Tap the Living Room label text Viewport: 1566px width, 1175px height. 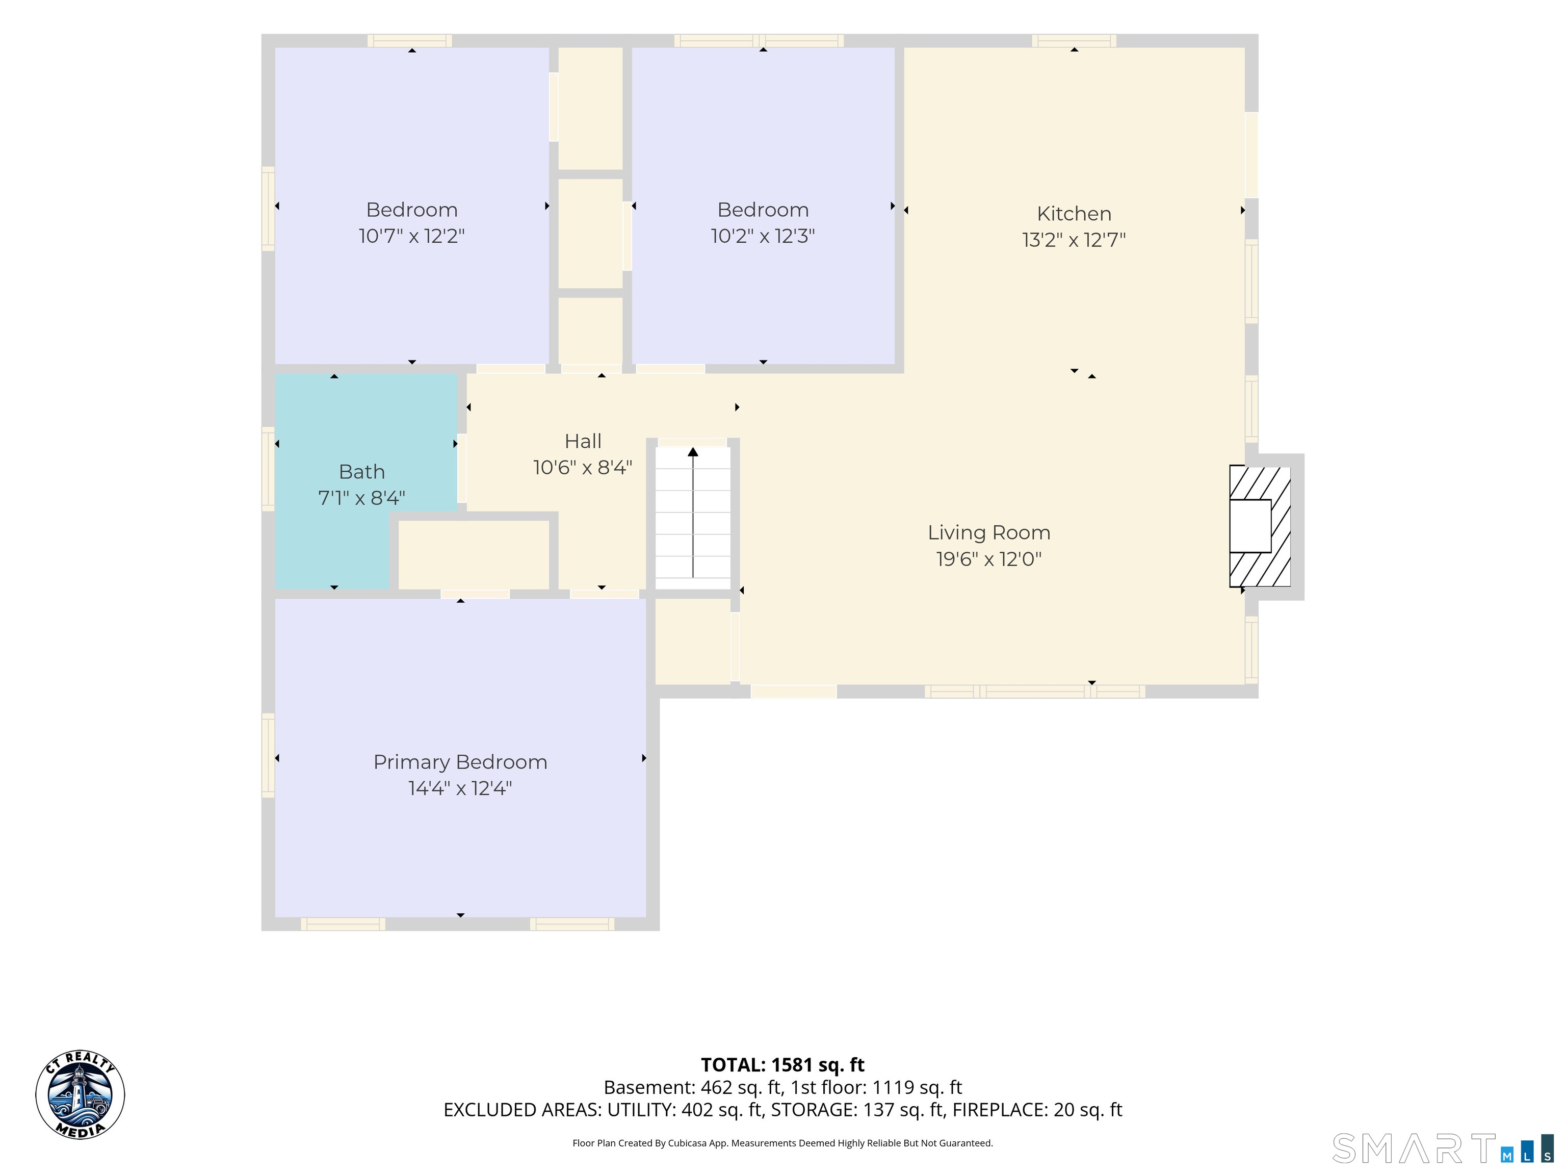989,532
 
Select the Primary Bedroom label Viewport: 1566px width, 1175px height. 460,762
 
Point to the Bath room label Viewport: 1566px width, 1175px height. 362,472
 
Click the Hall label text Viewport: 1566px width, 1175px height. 583,441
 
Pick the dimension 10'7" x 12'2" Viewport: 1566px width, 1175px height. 411,236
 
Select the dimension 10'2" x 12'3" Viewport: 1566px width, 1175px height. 763,236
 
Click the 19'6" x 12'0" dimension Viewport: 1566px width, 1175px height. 989,559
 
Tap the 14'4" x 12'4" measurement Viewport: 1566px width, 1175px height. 460,788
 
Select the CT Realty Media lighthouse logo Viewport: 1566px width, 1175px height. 80,1094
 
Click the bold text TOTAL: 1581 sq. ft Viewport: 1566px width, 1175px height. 782,1065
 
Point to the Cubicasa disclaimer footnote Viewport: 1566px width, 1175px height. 782,1143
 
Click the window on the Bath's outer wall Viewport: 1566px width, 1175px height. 268,469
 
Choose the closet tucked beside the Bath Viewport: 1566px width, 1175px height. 474,554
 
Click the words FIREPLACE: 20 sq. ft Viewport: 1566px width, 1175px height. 1037,1110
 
